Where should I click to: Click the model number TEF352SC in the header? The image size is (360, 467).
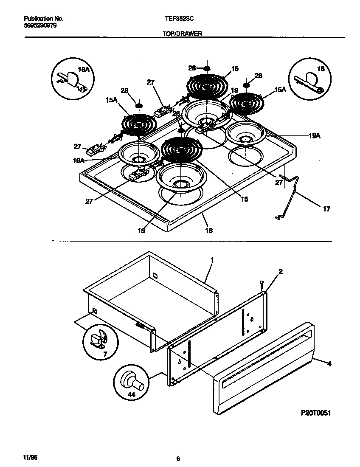(177, 19)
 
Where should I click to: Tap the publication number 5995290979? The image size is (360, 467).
(40, 25)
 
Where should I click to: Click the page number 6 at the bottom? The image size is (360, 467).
(178, 459)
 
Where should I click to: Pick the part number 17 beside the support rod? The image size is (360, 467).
(326, 209)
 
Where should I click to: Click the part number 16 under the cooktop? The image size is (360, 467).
(209, 231)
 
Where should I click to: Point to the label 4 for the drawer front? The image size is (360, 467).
(329, 363)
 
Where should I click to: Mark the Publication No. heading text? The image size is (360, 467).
(43, 19)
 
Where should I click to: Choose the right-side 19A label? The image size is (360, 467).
(314, 136)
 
